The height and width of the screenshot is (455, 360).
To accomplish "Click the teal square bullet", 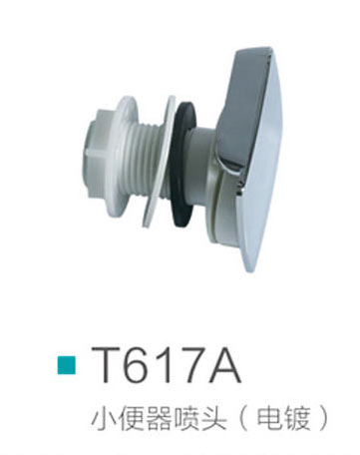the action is (x=67, y=365).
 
